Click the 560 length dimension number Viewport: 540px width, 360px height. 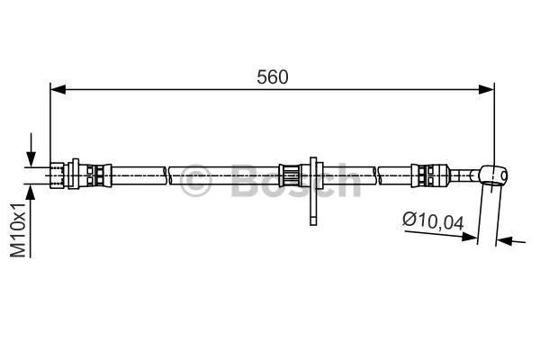(272, 77)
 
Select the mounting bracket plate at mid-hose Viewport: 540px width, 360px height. (312, 189)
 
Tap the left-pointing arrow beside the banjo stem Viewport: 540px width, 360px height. (506, 240)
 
